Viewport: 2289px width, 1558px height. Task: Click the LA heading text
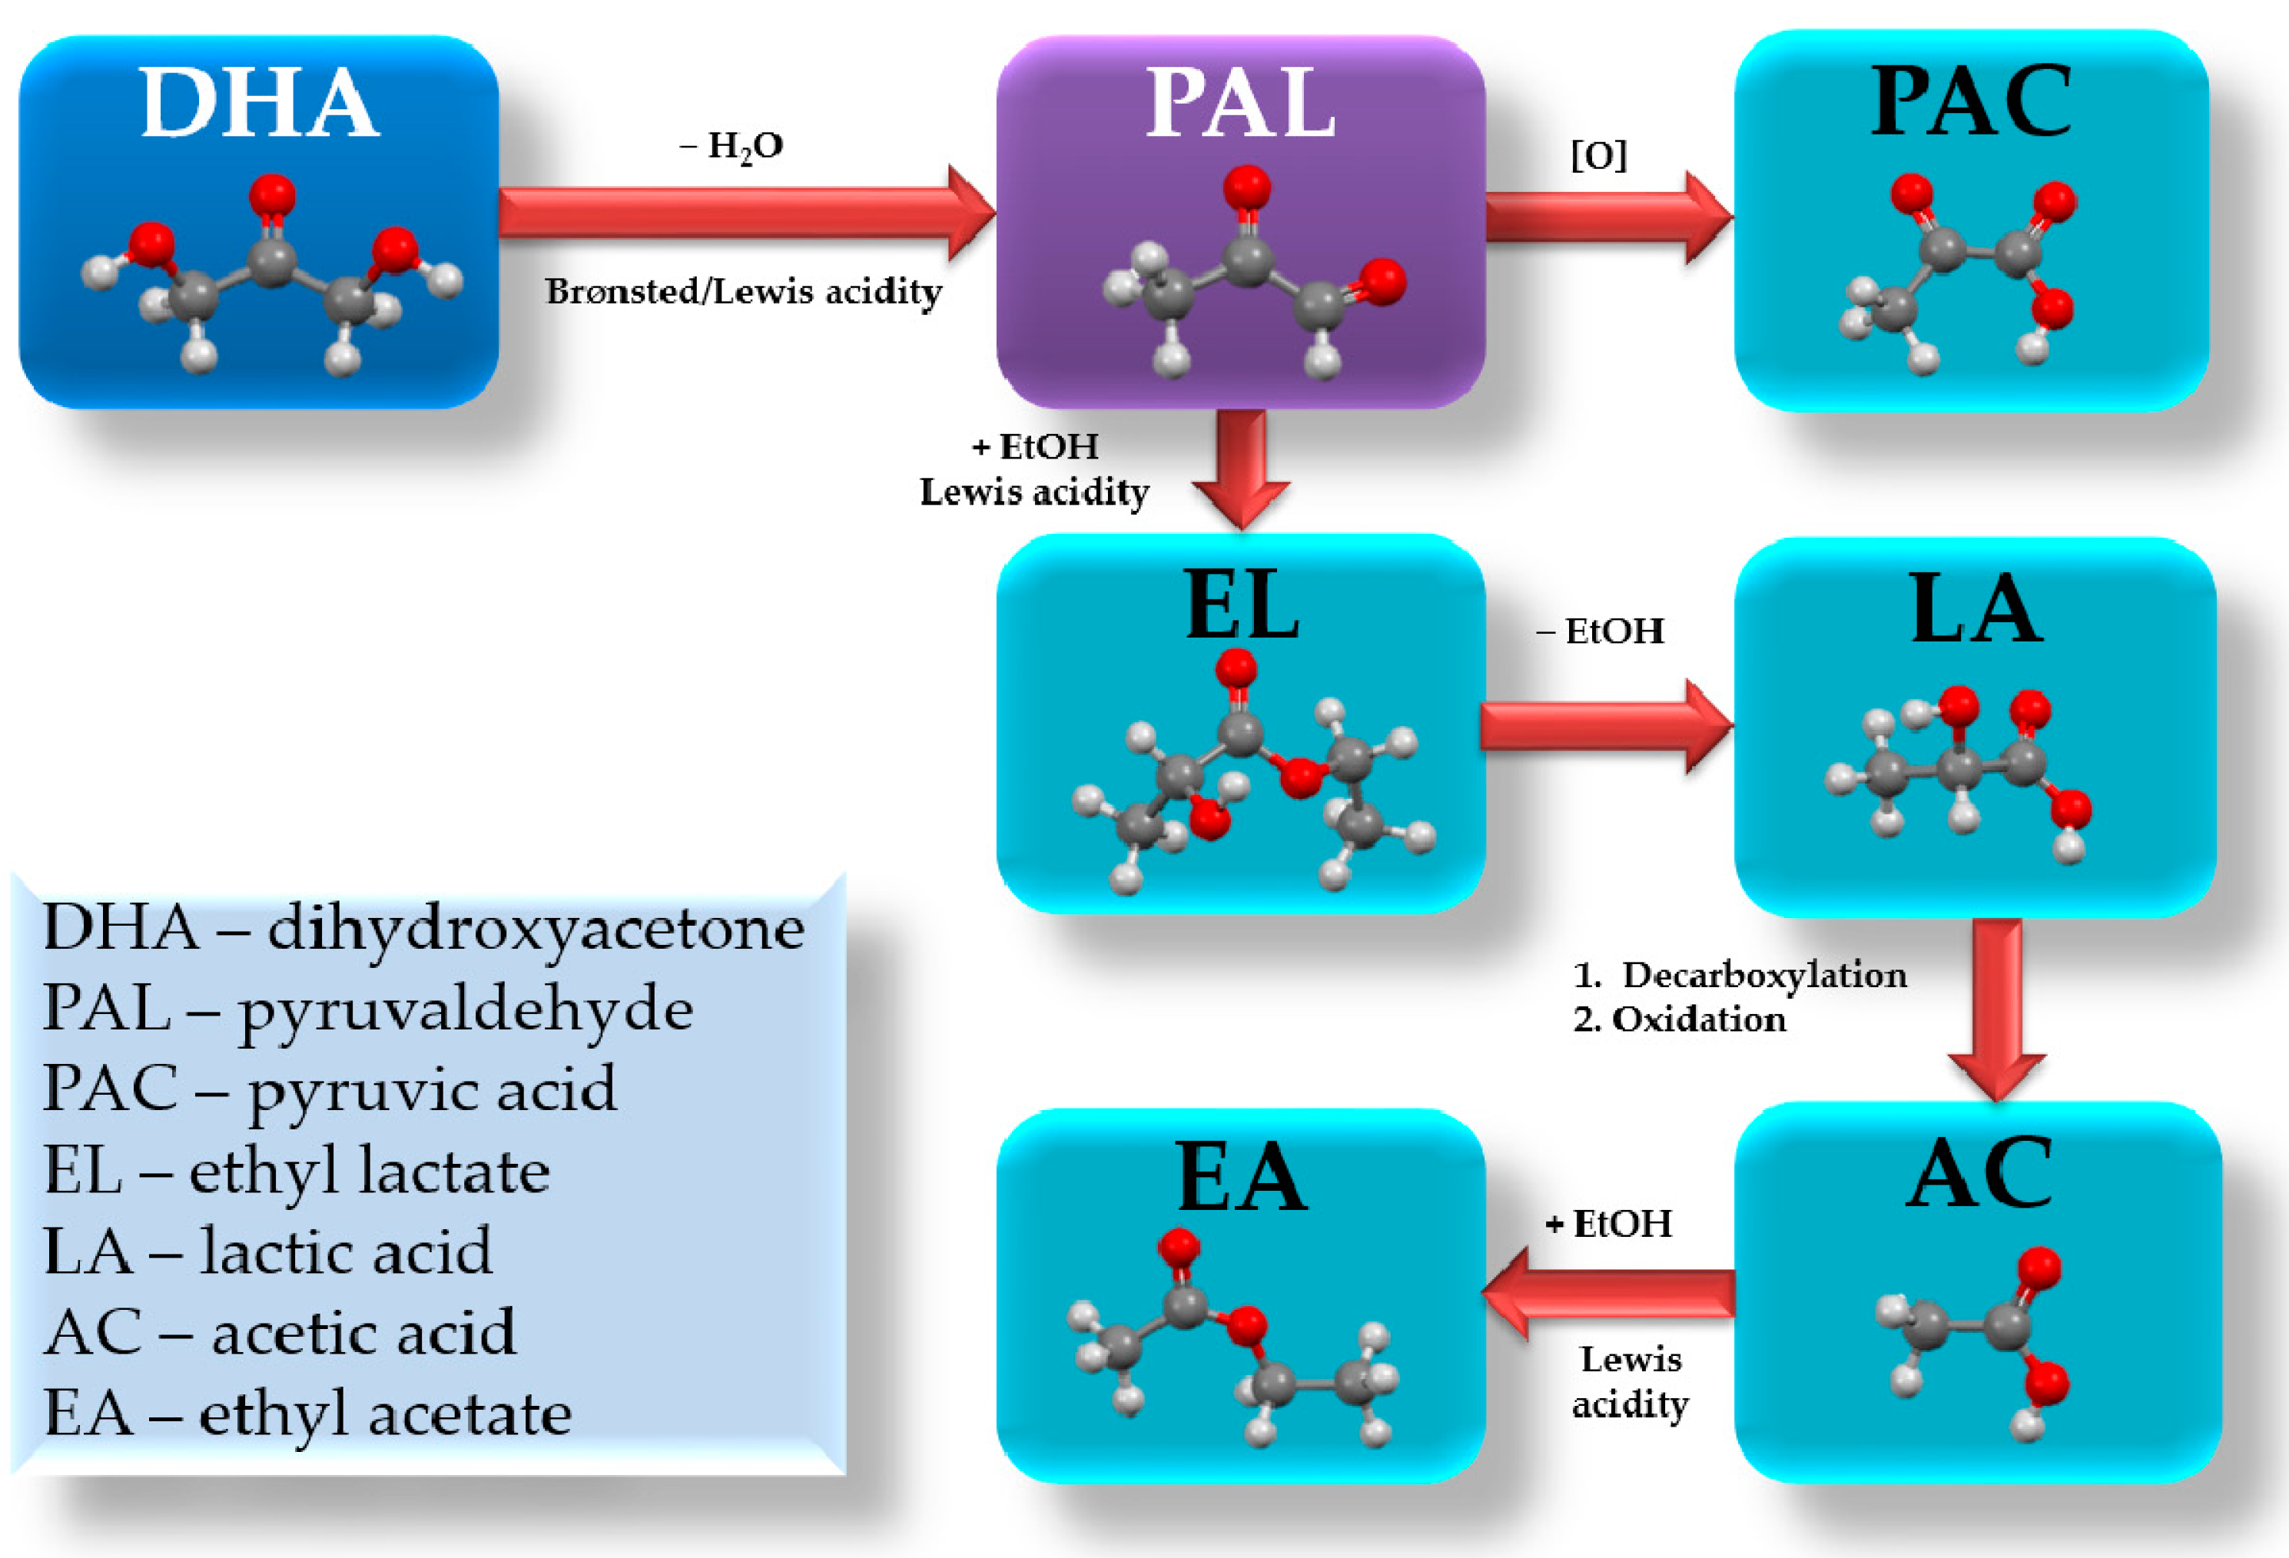click(x=1976, y=610)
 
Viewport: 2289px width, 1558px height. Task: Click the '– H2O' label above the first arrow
click(x=731, y=147)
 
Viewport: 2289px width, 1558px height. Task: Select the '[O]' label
click(x=1597, y=154)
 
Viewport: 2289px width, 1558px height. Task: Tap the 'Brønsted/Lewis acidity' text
click(x=744, y=291)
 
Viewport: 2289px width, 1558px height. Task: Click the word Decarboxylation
click(x=1763, y=975)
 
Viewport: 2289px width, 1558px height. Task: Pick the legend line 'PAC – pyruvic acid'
click(x=330, y=1089)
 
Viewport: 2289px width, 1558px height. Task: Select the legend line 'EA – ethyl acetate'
click(x=307, y=1414)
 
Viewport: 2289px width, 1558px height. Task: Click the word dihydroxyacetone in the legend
click(x=536, y=928)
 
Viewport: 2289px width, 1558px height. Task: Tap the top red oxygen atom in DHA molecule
click(x=272, y=195)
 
